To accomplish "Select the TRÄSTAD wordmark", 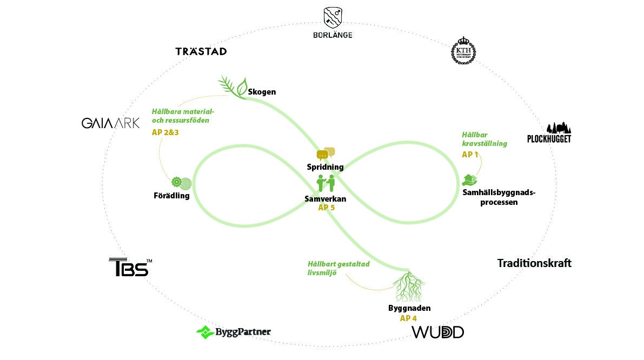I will tap(201, 51).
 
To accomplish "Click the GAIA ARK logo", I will tap(110, 123).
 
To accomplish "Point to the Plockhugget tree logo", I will tap(549, 132).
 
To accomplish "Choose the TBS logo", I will tap(129, 268).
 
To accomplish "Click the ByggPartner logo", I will tap(233, 332).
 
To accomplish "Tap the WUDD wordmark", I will tap(438, 332).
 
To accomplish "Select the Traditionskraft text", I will tap(534, 263).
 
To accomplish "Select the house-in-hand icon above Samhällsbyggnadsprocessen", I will tap(469, 179).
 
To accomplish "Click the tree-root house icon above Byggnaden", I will tap(409, 285).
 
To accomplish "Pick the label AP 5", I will tap(327, 207).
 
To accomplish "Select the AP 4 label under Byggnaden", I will tap(408, 318).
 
